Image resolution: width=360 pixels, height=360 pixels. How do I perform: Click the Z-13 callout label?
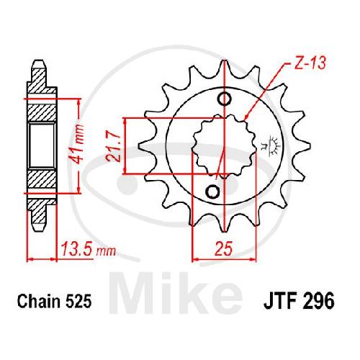point(310,63)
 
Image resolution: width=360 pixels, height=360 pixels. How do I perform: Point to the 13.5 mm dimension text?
point(88,249)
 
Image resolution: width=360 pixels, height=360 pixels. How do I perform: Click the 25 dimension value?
point(224,248)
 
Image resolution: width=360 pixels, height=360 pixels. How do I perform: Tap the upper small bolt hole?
point(225,99)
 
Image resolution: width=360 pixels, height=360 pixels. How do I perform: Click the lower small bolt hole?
point(212,192)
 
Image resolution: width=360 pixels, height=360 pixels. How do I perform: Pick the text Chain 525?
point(54,301)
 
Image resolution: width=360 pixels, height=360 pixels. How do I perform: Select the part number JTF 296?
point(299,301)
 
